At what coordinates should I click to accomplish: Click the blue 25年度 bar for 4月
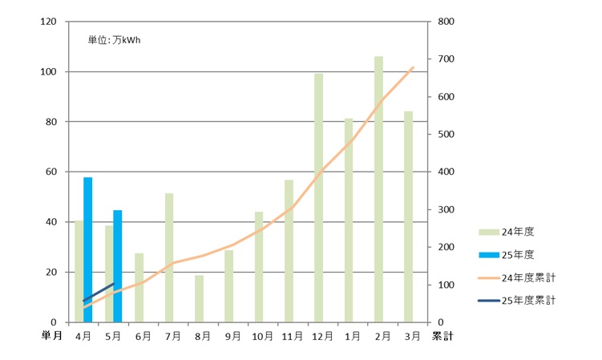[88, 249]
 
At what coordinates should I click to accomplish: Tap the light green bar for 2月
[378, 189]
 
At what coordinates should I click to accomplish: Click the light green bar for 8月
[199, 298]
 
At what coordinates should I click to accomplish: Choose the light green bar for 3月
[408, 216]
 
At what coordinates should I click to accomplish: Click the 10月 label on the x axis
[262, 338]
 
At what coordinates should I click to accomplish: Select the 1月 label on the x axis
[352, 338]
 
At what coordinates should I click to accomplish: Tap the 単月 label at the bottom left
[51, 337]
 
